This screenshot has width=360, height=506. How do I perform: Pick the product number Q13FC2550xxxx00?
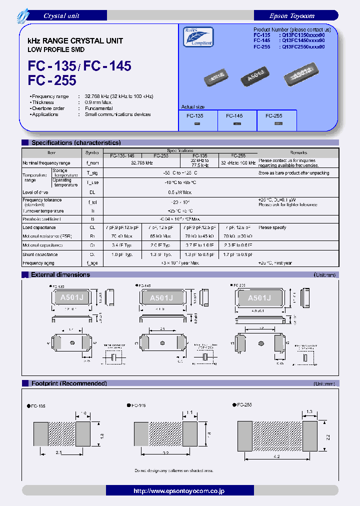[x=303, y=46]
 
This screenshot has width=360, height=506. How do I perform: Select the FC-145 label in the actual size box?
[x=234, y=115]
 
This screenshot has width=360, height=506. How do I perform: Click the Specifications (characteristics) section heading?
[x=75, y=143]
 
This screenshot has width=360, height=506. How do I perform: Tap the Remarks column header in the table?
[x=298, y=152]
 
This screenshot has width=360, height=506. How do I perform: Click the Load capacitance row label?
[x=39, y=227]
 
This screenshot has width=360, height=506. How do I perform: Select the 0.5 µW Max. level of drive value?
[x=180, y=192]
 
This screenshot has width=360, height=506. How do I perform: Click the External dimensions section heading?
[x=60, y=274]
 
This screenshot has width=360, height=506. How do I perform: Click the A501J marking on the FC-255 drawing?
[x=259, y=298]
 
